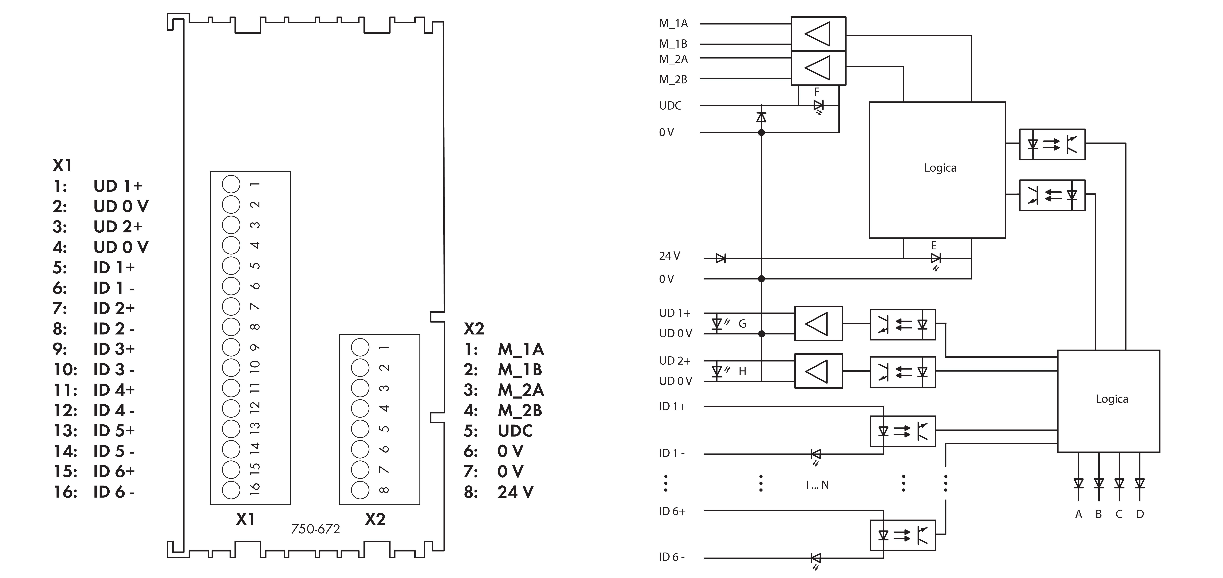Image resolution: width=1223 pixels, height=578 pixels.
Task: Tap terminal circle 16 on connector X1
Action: coord(231,490)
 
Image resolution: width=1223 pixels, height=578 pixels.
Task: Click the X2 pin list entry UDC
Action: coord(515,431)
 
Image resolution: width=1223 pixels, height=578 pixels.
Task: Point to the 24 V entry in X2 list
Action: coord(515,492)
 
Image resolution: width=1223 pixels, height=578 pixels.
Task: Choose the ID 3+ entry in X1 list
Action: coord(114,349)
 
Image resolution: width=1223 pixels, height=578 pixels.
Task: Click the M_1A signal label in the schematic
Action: coord(673,23)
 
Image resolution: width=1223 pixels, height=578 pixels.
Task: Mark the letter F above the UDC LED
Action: coord(817,92)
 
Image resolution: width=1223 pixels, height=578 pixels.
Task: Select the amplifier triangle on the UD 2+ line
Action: coord(818,371)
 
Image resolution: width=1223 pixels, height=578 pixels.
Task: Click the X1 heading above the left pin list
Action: coord(62,166)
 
